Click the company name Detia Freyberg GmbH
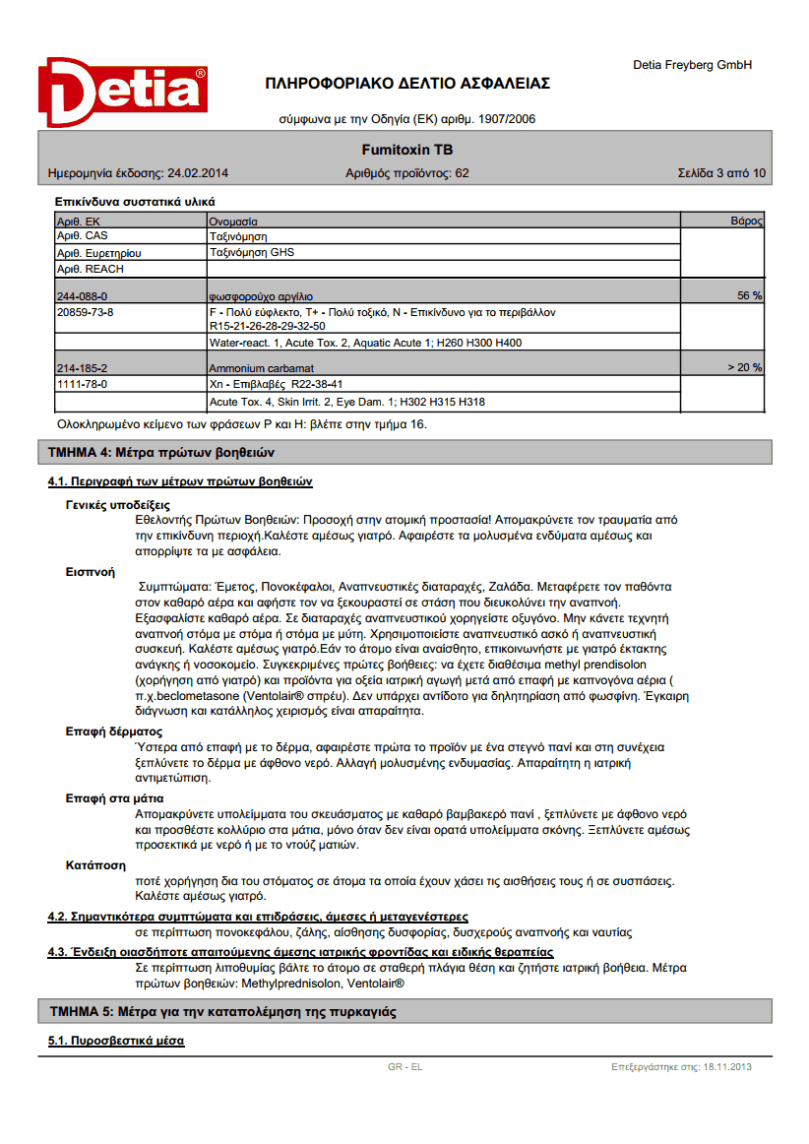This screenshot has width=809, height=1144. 692,65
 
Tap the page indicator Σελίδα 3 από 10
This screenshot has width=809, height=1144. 721,173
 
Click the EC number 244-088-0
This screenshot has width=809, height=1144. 82,295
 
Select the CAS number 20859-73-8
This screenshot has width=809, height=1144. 86,312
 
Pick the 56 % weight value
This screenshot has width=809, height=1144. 749,295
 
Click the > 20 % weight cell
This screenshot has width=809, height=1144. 744,367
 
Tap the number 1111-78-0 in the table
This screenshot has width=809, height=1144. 82,384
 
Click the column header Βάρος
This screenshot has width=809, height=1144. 746,222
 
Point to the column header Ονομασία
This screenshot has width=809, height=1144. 233,222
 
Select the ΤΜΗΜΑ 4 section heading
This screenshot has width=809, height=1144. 161,453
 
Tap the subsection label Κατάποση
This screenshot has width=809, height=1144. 95,865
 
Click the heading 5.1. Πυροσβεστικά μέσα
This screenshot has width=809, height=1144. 116,1041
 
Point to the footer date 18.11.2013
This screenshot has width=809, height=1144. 727,1066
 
